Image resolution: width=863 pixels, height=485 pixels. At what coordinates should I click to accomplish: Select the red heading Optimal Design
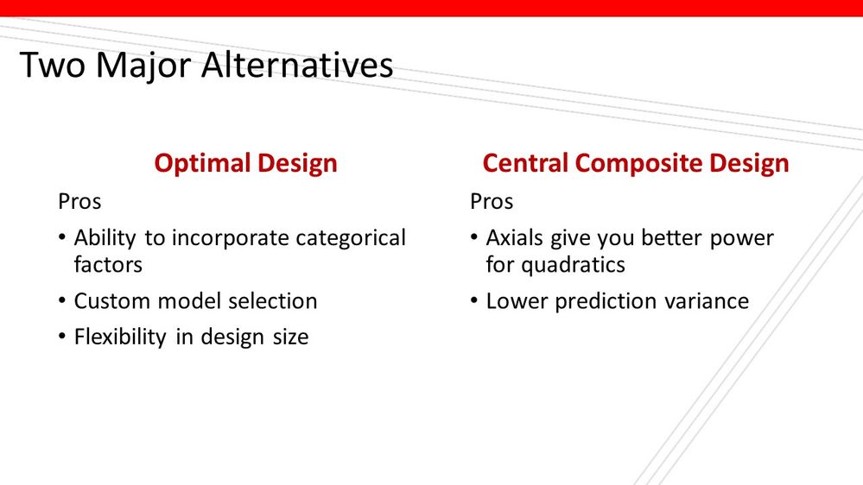pyautogui.click(x=245, y=163)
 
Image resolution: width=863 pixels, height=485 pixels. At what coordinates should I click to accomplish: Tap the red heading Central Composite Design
pyautogui.click(x=635, y=163)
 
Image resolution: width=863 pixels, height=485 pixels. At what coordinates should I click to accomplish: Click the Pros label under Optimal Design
pyautogui.click(x=79, y=202)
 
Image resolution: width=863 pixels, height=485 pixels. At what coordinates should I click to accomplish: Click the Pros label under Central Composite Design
pyautogui.click(x=492, y=202)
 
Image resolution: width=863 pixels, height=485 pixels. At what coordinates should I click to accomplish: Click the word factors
pyautogui.click(x=108, y=265)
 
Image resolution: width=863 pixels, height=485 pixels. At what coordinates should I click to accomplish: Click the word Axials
pyautogui.click(x=515, y=238)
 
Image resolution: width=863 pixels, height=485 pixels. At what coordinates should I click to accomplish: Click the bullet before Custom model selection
pyautogui.click(x=62, y=301)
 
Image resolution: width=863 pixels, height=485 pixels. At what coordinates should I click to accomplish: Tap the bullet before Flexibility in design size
pyautogui.click(x=62, y=337)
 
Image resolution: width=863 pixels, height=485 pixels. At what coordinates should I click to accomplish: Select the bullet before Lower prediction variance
pyautogui.click(x=474, y=301)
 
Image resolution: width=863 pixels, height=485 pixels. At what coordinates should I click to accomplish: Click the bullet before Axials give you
pyautogui.click(x=474, y=238)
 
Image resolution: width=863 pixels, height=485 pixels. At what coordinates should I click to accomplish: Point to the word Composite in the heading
pyautogui.click(x=639, y=163)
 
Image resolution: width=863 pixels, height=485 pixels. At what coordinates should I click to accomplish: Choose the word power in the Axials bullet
pyautogui.click(x=742, y=238)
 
